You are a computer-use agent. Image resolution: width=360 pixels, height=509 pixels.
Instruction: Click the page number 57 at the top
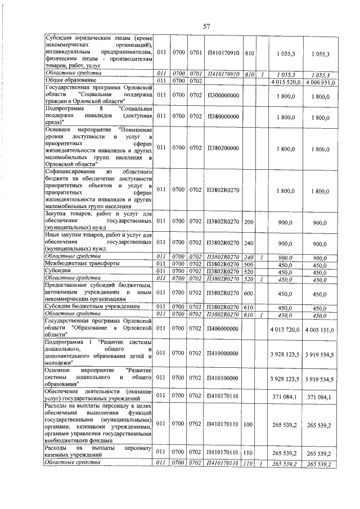(x=206, y=25)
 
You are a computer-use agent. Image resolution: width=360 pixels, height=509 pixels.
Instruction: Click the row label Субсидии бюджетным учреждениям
(x=92, y=307)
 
